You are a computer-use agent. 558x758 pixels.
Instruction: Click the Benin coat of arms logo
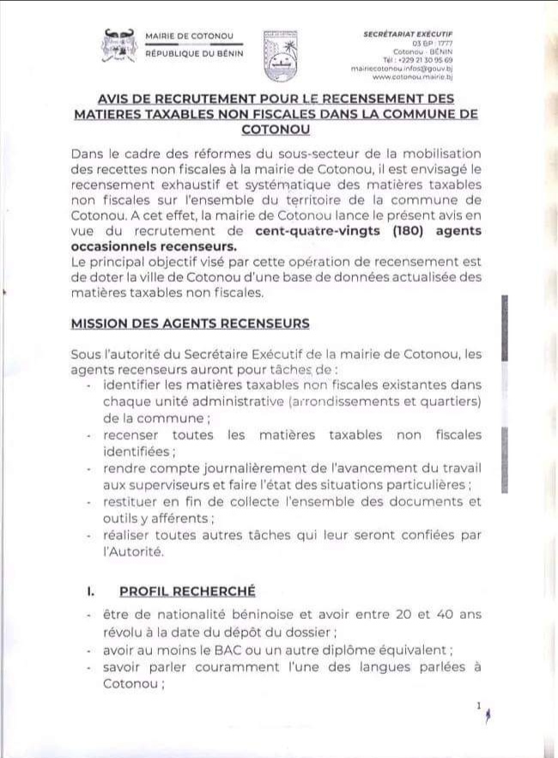click(x=118, y=45)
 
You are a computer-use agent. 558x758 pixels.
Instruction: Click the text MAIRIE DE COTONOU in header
click(x=189, y=36)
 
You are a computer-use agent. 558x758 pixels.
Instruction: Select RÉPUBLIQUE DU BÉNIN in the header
click(x=194, y=53)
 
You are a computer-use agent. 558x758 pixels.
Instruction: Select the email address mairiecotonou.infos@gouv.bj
click(x=413, y=68)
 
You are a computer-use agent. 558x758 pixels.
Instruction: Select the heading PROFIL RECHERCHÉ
click(x=187, y=591)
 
